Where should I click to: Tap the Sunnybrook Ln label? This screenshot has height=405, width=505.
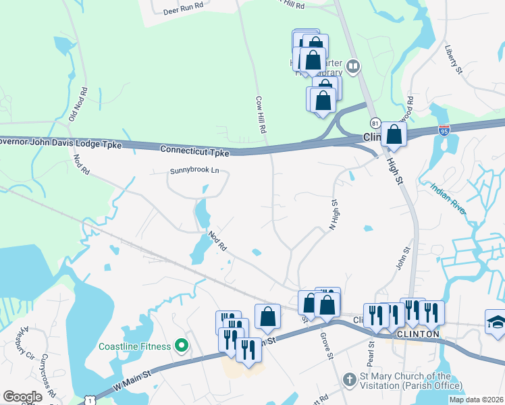click(x=194, y=171)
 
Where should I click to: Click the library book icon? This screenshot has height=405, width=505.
click(x=353, y=67)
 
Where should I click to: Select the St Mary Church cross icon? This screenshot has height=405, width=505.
click(x=348, y=380)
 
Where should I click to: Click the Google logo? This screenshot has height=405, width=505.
click(x=22, y=397)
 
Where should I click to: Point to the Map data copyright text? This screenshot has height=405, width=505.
click(x=476, y=400)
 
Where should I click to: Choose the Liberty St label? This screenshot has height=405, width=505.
click(x=454, y=59)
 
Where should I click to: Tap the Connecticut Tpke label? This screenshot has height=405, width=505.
click(x=195, y=150)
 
